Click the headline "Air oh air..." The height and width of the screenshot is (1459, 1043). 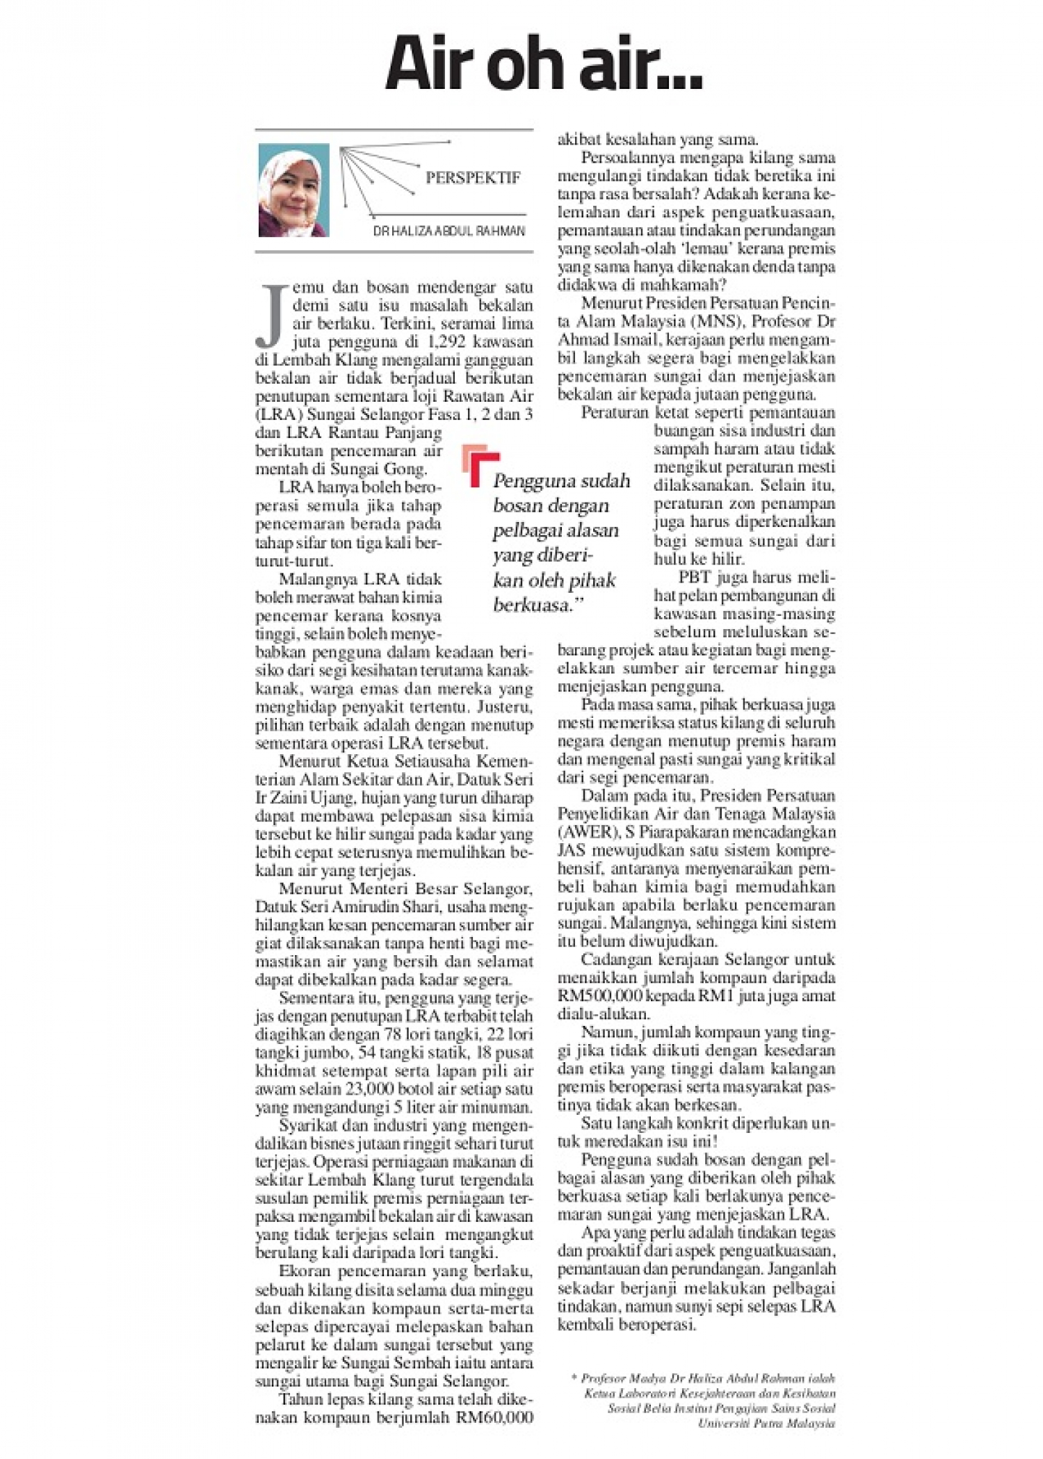544,69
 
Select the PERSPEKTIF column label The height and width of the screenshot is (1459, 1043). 473,178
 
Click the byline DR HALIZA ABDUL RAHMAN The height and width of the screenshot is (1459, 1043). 448,231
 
